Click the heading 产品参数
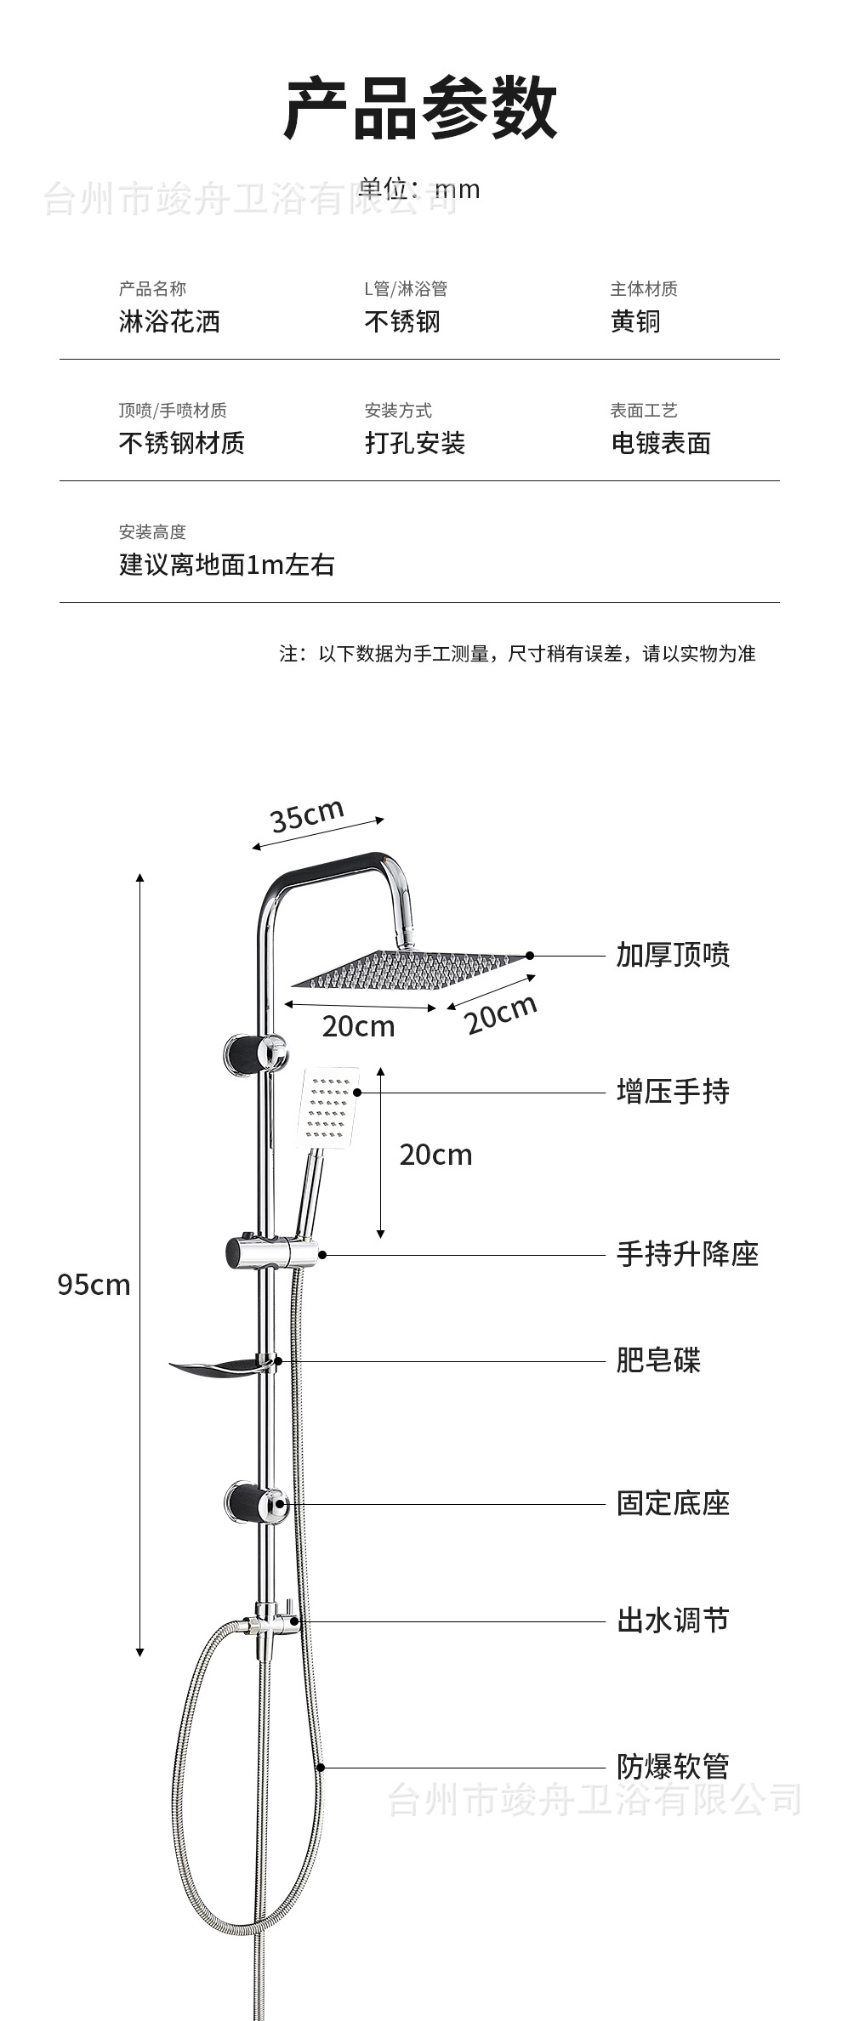tap(420, 108)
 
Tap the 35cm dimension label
tap(307, 815)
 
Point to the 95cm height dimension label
tap(94, 1284)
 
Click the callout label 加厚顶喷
tap(673, 955)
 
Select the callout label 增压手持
tap(673, 1091)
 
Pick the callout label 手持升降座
tap(687, 1254)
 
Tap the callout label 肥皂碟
tap(658, 1360)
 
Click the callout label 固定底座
tap(673, 1503)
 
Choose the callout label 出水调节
tap(673, 1621)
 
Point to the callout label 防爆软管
tap(673, 1767)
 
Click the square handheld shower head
tap(327, 1105)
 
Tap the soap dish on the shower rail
tap(217, 1368)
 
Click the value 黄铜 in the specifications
tap(635, 321)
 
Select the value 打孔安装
tap(415, 443)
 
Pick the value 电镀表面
tap(661, 443)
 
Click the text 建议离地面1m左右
tap(226, 565)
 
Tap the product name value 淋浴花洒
tap(169, 321)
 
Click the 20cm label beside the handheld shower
tap(435, 1155)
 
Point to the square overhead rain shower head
tap(408, 969)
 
